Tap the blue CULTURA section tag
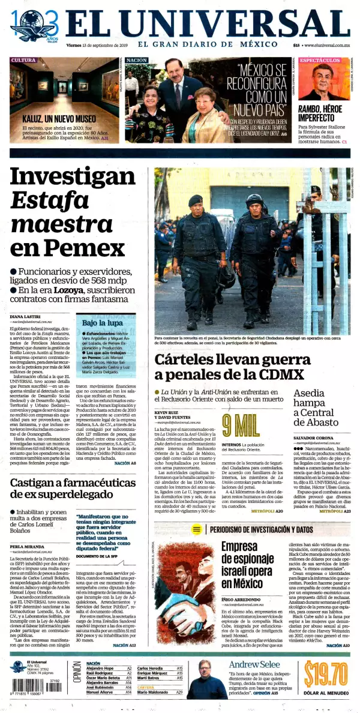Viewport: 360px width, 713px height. (x=23, y=60)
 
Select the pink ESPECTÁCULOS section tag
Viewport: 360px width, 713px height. (x=320, y=61)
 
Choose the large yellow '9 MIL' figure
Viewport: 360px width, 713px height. (x=240, y=425)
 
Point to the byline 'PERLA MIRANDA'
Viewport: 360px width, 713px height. (x=26, y=548)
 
